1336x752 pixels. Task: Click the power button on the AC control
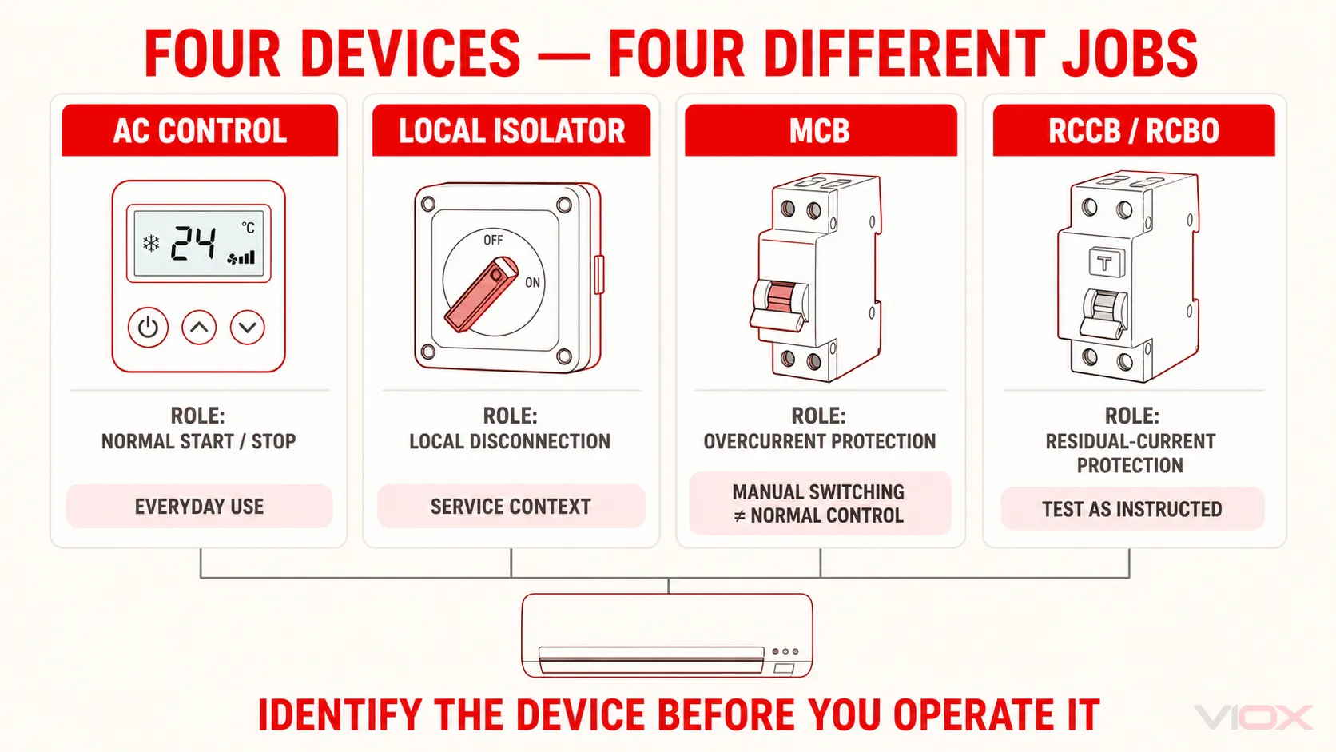[x=148, y=327]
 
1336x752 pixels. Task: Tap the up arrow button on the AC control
[x=199, y=327]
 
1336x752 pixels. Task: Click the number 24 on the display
[x=193, y=243]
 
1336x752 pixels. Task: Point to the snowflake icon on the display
[x=151, y=243]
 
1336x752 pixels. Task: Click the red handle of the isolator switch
[x=481, y=294]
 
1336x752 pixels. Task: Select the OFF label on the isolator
[x=493, y=240]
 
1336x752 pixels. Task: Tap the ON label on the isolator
[x=533, y=282]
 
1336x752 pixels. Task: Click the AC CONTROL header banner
[x=200, y=130]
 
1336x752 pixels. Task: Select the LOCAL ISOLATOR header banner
[x=511, y=130]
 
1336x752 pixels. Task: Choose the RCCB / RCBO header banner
[x=1134, y=130]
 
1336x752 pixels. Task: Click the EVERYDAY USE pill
[x=199, y=507]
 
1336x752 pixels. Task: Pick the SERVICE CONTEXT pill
[x=511, y=507]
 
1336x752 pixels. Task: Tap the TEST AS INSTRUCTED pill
[x=1132, y=509]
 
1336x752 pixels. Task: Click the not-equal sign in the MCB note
[x=740, y=515]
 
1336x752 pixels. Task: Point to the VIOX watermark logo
[x=1253, y=717]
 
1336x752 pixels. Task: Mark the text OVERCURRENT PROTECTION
[x=820, y=441]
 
